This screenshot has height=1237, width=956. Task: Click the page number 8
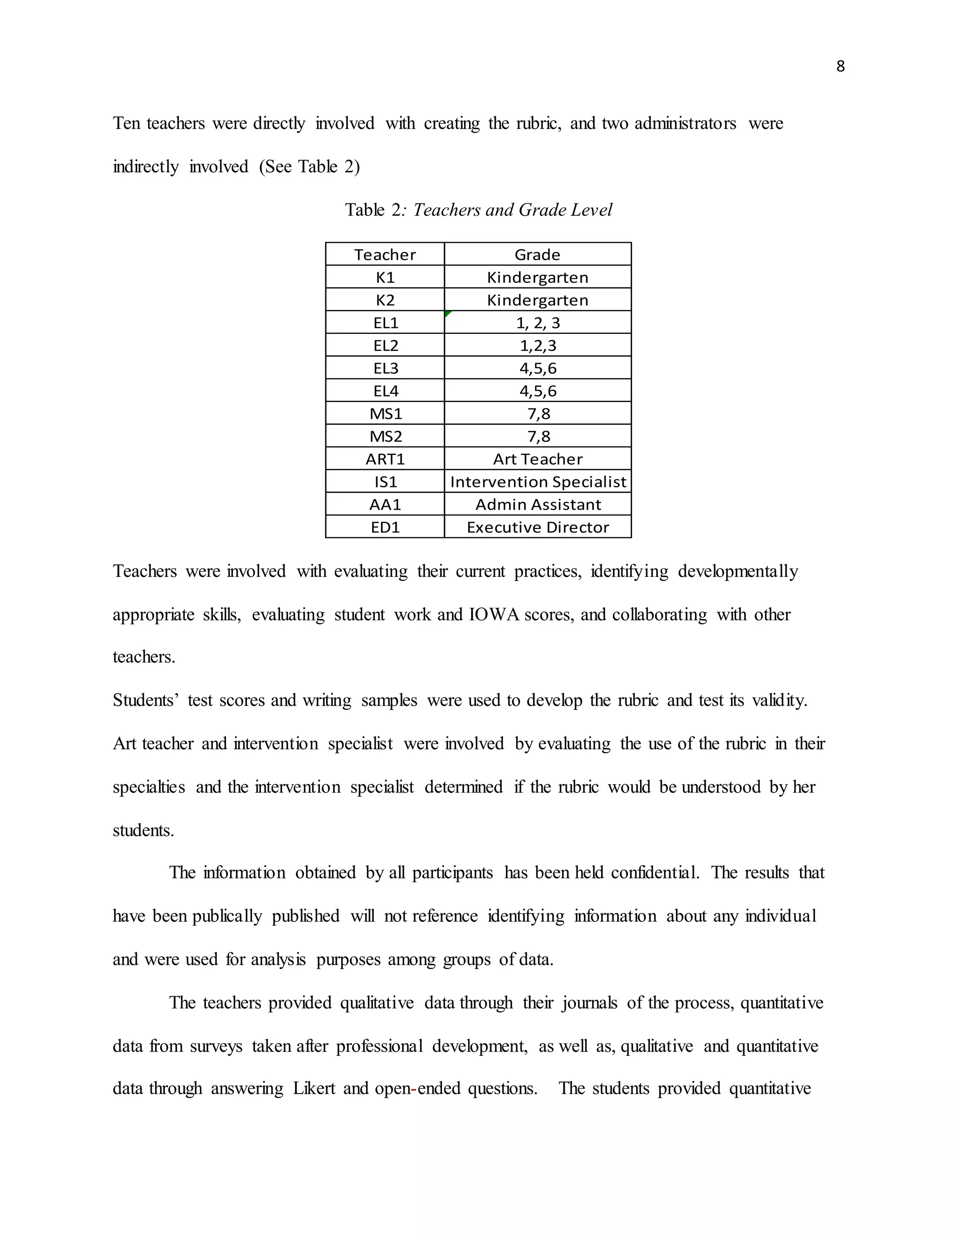coord(840,67)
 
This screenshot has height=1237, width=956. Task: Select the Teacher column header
coord(385,255)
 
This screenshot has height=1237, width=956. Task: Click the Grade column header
coord(537,255)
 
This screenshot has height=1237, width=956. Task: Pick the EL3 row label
coord(386,368)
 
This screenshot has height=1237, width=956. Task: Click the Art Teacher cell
coord(537,459)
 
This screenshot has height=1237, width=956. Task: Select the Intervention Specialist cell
coord(537,481)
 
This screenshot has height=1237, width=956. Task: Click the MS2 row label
coord(386,436)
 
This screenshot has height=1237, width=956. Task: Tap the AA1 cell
coord(385,505)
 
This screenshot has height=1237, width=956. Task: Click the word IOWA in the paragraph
coord(494,615)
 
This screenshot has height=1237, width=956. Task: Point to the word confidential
coord(655,872)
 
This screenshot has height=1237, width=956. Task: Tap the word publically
coord(226,916)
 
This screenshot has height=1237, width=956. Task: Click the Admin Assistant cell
coord(537,505)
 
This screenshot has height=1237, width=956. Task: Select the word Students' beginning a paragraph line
coord(146,700)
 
